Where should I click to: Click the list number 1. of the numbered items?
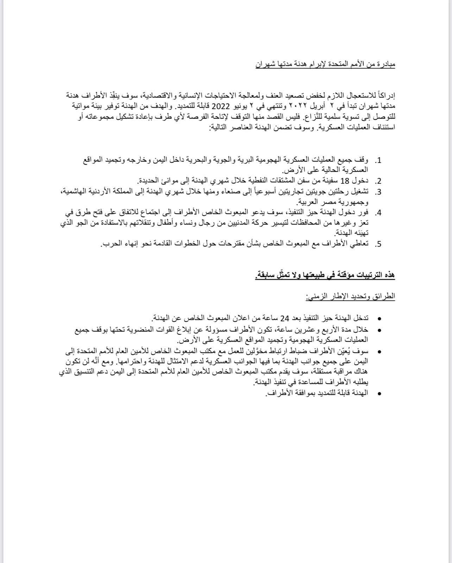pyautogui.click(x=378, y=161)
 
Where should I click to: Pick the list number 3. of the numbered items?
pyautogui.click(x=378, y=192)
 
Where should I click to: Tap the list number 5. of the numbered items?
pyautogui.click(x=378, y=244)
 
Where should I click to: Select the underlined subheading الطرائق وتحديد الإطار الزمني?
pyautogui.click(x=350, y=296)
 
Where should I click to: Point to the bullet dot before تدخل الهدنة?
pyautogui.click(x=379, y=319)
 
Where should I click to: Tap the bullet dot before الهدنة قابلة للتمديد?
pyautogui.click(x=379, y=394)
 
